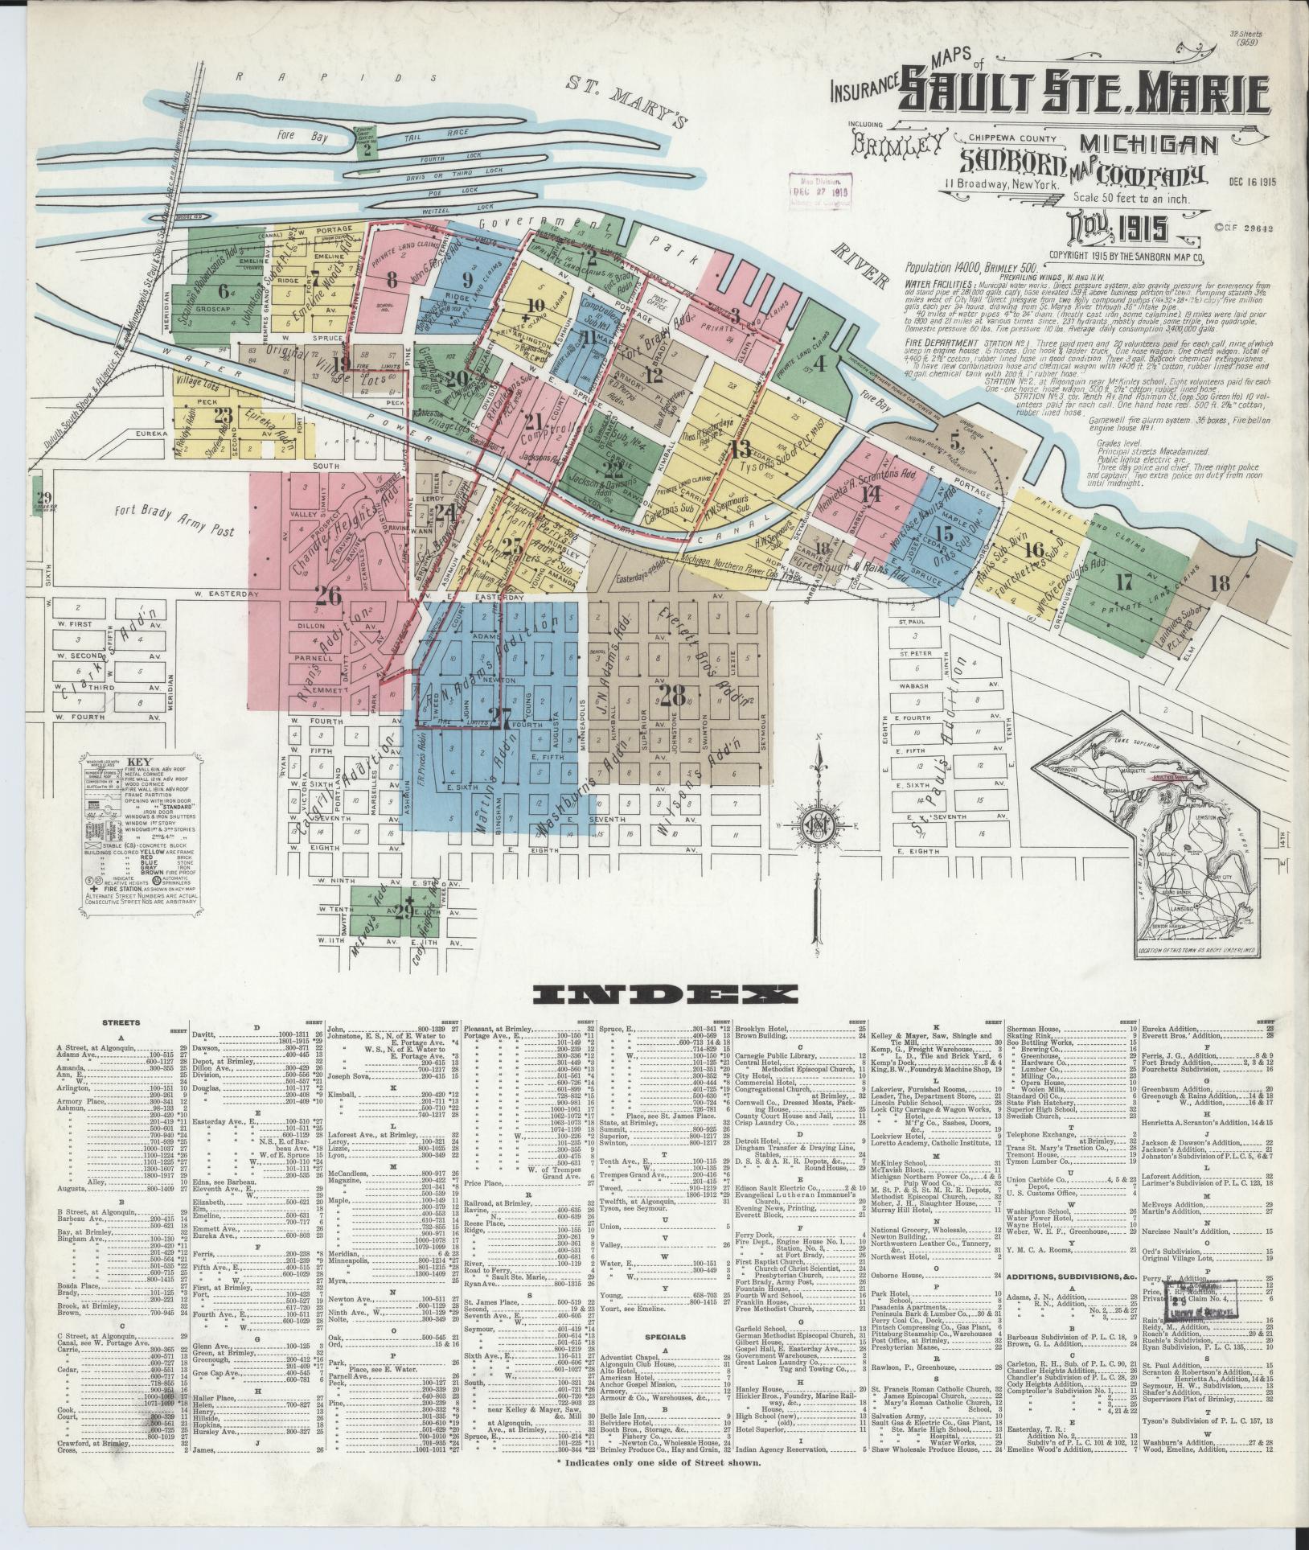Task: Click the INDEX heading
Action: pos(653,995)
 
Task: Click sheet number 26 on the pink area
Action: pos(329,596)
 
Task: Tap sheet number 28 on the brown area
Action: pos(673,694)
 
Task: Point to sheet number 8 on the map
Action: pos(392,281)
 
